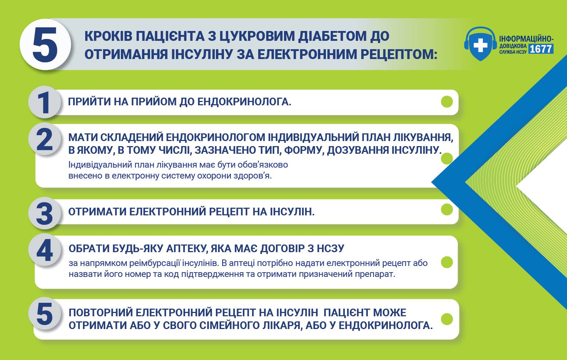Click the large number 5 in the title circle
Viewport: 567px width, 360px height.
(45, 44)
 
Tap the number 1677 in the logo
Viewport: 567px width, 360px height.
(541, 49)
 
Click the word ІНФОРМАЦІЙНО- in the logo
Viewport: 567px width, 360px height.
(526, 39)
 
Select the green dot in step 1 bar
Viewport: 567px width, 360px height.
(446, 102)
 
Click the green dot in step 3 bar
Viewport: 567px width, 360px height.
(446, 210)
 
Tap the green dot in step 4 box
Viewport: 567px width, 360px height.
(446, 262)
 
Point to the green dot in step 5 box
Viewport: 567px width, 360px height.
(446, 319)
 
